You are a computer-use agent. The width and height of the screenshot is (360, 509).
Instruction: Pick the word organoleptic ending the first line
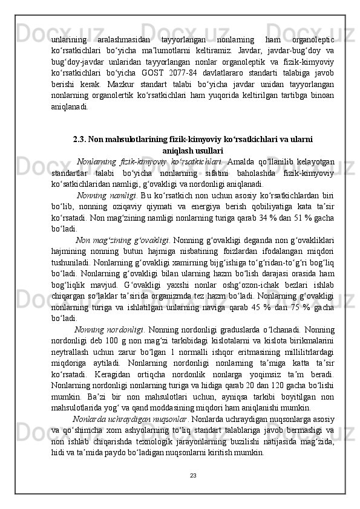tap(311, 43)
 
